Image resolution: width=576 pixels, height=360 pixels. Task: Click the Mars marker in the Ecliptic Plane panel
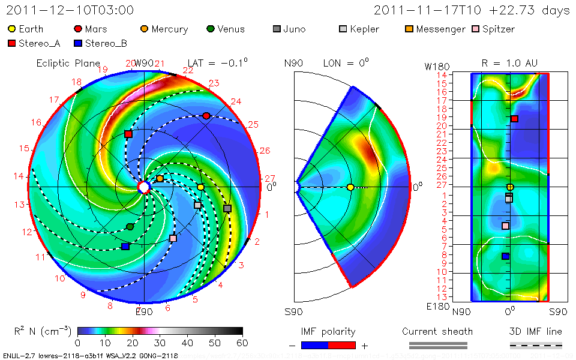[x=206, y=116]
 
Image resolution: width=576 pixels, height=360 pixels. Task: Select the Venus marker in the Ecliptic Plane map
[x=130, y=226]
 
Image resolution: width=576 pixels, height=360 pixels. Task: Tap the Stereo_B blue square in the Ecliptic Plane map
[x=125, y=247]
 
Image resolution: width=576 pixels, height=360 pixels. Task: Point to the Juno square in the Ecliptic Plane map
[x=227, y=208]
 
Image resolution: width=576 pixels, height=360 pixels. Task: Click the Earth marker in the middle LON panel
[x=350, y=187]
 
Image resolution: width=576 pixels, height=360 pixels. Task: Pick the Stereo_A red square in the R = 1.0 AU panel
[x=514, y=119]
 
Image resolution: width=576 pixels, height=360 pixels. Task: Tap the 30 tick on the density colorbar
[x=160, y=343]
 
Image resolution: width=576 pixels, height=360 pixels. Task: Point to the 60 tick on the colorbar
[x=242, y=343]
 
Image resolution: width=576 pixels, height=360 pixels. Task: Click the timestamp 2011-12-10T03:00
[x=70, y=10]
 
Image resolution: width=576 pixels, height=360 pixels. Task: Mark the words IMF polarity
[x=328, y=331]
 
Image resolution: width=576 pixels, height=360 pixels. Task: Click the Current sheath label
[x=437, y=331]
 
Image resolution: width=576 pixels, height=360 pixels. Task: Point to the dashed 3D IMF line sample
[x=536, y=346]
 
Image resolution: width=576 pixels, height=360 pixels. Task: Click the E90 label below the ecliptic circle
[x=144, y=311]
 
